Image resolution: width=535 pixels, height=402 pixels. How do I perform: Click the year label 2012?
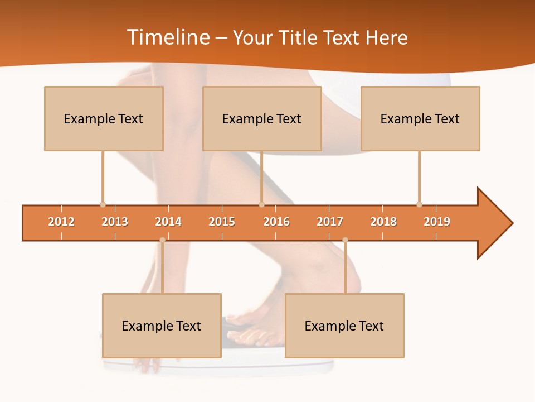click(61, 222)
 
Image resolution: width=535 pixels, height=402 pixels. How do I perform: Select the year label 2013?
click(115, 222)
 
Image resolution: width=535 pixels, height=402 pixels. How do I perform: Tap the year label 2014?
click(168, 222)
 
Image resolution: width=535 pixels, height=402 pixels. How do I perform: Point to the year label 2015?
click(222, 222)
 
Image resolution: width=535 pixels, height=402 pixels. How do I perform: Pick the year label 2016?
click(276, 222)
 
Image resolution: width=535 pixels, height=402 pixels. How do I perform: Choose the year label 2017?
click(330, 222)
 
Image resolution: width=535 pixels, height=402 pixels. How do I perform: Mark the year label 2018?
click(383, 222)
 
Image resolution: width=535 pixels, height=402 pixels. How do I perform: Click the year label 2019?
click(437, 222)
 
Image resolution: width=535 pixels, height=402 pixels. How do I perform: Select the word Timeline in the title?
click(167, 37)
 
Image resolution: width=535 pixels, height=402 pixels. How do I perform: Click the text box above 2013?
click(104, 118)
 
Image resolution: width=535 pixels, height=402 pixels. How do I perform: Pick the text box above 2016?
click(262, 118)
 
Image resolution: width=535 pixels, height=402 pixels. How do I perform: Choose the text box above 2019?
click(420, 118)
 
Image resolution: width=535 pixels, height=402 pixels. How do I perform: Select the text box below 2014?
click(162, 326)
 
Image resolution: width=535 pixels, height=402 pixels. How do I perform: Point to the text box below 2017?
click(344, 326)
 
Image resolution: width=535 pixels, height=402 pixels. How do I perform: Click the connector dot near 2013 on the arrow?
click(103, 204)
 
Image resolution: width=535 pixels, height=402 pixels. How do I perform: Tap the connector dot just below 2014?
click(162, 240)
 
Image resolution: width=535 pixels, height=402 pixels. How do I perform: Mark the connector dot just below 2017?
click(345, 240)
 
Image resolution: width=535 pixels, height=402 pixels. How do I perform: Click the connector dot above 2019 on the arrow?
click(419, 204)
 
